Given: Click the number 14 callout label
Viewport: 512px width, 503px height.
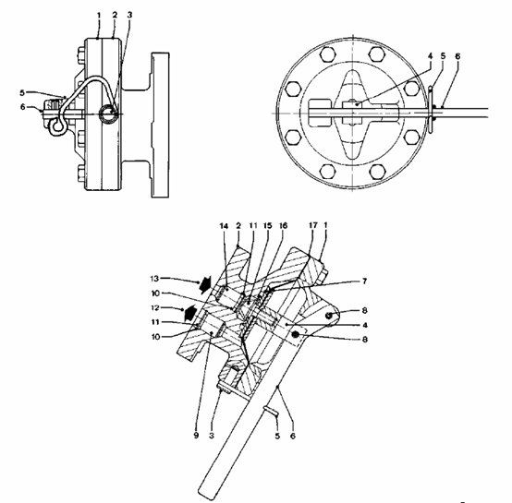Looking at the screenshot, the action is (x=224, y=225).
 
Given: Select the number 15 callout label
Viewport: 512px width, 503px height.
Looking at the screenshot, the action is (x=268, y=225).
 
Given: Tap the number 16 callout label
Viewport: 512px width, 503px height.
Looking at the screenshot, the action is (x=283, y=225).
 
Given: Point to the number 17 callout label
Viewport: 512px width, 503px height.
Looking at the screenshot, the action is (x=312, y=225).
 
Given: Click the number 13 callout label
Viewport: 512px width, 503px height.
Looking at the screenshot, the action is (x=154, y=279).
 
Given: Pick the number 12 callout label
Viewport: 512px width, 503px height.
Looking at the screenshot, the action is (x=154, y=307).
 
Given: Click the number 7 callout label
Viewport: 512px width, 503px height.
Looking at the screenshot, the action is (x=365, y=281).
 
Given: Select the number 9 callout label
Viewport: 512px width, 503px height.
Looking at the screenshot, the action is (x=196, y=436).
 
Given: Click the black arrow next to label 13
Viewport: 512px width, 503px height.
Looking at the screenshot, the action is (x=205, y=284).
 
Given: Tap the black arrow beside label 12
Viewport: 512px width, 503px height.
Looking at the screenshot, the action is (x=189, y=312).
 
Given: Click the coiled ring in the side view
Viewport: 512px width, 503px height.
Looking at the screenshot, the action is (x=108, y=114).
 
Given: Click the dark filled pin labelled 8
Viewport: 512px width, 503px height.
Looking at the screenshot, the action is (x=296, y=334).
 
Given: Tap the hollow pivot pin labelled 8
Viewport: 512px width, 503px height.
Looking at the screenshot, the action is (x=329, y=315).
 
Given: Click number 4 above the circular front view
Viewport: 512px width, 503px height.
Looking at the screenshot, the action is (x=430, y=56).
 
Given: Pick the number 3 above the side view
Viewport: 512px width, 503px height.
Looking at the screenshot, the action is (x=129, y=15).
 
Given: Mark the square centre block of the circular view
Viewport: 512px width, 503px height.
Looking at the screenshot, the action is (x=353, y=113).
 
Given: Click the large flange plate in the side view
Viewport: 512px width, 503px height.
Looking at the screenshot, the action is (x=160, y=125).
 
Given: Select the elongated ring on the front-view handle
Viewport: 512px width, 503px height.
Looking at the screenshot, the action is (x=431, y=109).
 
